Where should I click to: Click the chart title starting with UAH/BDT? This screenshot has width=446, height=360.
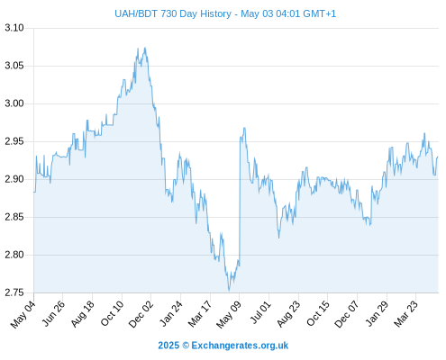point(225,13)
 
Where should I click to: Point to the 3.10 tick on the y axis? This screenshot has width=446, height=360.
point(14,28)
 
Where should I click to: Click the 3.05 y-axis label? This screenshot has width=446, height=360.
point(14,66)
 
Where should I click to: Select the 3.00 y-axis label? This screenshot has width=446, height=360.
point(14,103)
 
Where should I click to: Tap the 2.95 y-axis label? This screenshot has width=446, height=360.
point(14,141)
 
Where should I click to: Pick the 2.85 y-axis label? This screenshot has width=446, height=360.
point(14,217)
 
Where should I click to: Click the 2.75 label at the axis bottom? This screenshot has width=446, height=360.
point(14,292)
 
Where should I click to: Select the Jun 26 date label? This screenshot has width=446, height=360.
point(53,314)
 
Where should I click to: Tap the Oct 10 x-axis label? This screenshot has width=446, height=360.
point(112,314)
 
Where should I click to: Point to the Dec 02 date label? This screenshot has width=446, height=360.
point(141,314)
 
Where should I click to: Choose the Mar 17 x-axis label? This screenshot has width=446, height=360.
point(200,314)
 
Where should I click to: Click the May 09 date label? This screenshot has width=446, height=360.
point(229,315)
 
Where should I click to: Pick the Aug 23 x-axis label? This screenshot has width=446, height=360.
point(288,314)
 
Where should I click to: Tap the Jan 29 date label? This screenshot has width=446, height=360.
point(377,314)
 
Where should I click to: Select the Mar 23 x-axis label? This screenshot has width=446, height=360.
point(405,314)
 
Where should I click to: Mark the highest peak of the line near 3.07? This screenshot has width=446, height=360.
point(145,48)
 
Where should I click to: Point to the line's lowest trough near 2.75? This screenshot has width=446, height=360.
point(229,291)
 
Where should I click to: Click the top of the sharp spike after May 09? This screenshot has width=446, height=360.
point(244,128)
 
